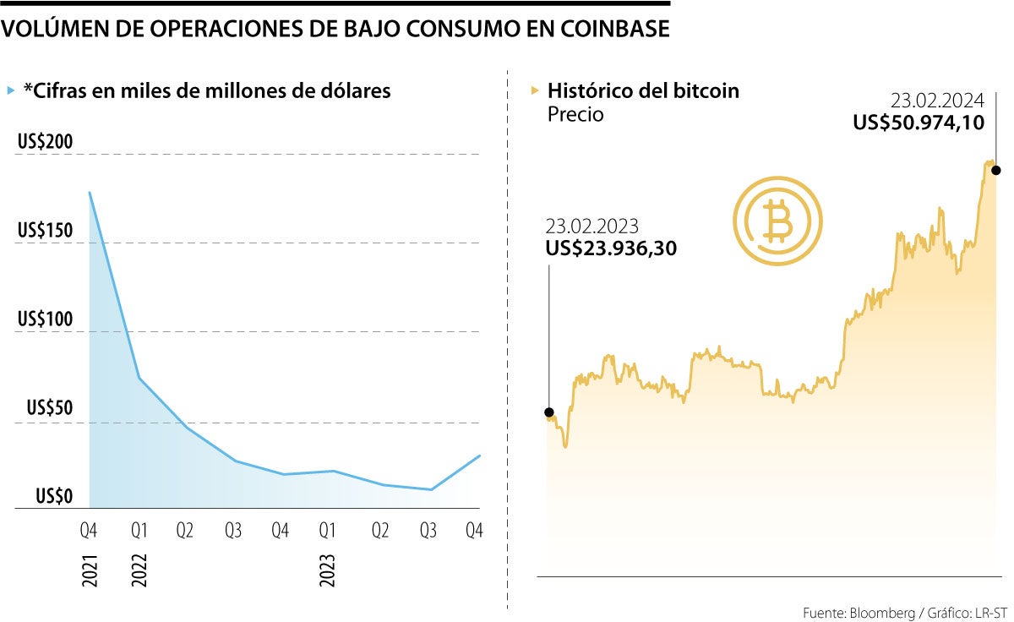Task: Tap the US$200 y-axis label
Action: coord(46,141)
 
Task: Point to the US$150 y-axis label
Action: coord(46,231)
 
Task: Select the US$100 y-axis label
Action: coord(46,319)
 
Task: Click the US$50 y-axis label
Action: coord(50,408)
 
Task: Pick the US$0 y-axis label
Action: coord(54,497)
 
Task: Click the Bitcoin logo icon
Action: coord(777,221)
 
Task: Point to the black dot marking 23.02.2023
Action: coord(549,413)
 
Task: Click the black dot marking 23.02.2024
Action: coord(996,170)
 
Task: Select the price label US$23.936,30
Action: coord(611,248)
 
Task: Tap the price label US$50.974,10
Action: coord(919,123)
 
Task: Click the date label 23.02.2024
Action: coord(938,99)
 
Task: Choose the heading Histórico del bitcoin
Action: coord(643,90)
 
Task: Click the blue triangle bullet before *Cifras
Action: coord(10,90)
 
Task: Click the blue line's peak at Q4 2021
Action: coord(90,193)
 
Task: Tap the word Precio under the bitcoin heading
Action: coord(575,114)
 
